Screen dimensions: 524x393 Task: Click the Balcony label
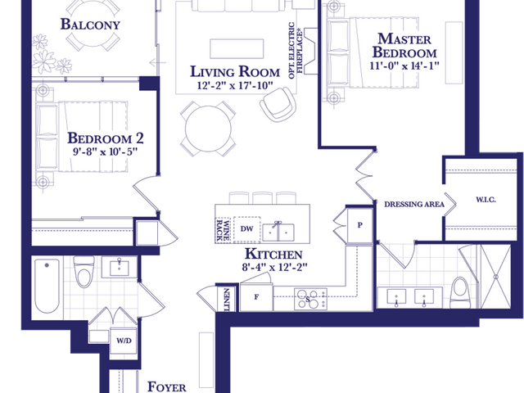pos(90,25)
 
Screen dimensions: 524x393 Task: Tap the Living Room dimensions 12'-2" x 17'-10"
pos(235,85)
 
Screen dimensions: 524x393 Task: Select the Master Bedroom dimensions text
pos(404,65)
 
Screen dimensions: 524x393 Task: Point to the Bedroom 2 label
pos(106,138)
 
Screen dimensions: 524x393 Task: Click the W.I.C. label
pos(486,200)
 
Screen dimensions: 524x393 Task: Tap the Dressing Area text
pos(414,204)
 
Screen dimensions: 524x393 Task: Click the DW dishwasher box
pos(247,229)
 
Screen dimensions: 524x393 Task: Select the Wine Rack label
pos(223,230)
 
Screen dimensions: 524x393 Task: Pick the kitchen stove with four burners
pos(310,299)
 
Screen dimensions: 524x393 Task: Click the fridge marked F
pos(256,297)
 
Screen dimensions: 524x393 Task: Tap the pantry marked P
pos(360,225)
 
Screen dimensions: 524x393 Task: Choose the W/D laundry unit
pos(124,341)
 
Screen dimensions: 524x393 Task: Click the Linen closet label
pos(227,299)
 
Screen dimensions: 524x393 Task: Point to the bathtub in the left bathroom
pos(47,286)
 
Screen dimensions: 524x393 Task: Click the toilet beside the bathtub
pos(84,272)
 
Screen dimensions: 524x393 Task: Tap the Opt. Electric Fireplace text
pos(296,51)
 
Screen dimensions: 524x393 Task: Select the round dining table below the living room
pos(208,129)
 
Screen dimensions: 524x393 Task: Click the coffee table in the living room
pos(237,49)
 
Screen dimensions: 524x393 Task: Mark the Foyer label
pos(167,386)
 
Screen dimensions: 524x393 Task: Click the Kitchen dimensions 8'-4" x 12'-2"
pos(274,268)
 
